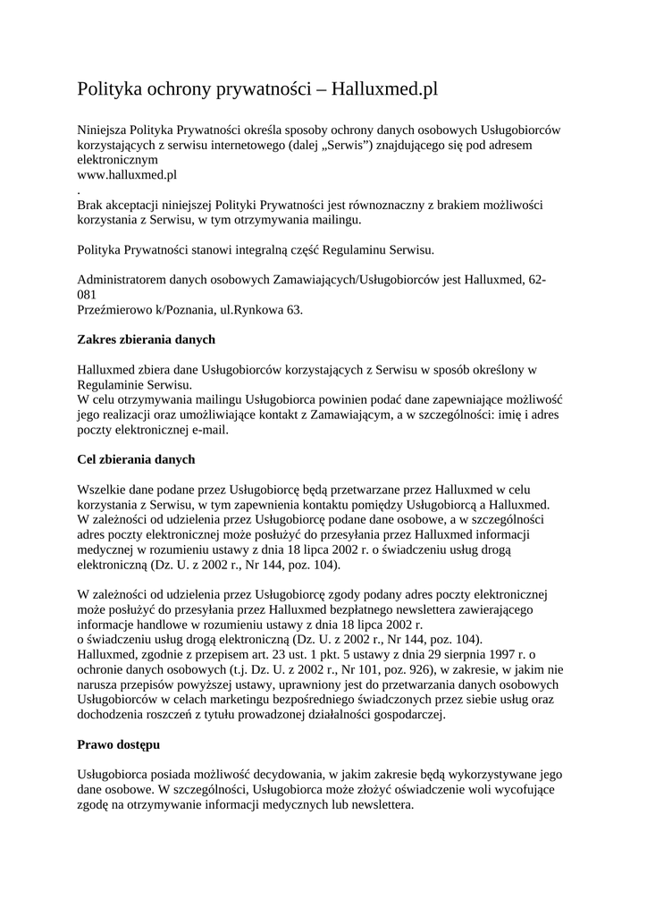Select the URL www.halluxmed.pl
(127, 174)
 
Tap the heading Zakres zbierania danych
(147, 340)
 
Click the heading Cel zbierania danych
(136, 459)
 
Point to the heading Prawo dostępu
(119, 744)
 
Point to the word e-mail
(207, 430)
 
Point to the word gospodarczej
(406, 714)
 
